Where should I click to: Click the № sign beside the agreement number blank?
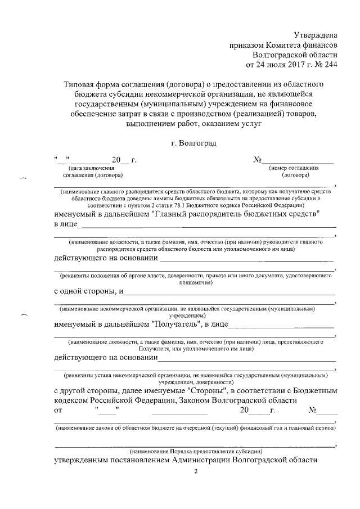(x=258, y=161)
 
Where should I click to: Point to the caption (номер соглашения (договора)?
(x=294, y=171)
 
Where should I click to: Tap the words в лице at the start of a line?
(x=65, y=225)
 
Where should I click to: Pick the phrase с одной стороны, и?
(x=88, y=291)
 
